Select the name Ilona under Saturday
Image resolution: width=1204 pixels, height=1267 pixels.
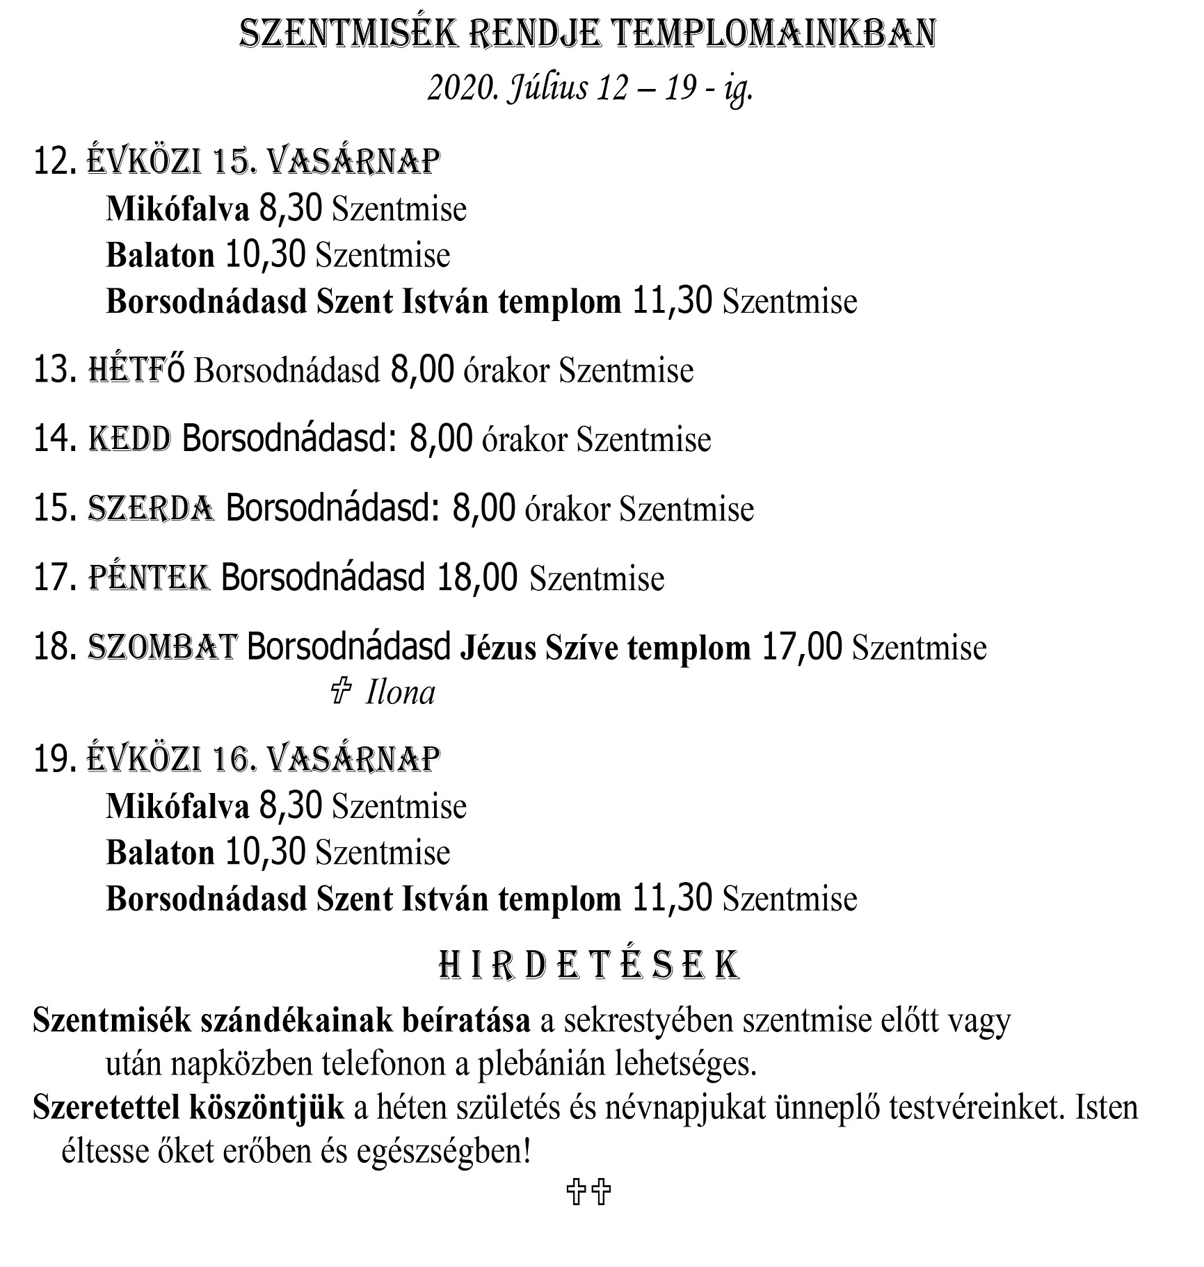point(401,693)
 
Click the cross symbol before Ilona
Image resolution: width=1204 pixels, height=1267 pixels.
point(340,692)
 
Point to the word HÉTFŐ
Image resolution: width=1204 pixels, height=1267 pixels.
point(137,370)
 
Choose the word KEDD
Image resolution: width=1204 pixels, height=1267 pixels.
point(130,439)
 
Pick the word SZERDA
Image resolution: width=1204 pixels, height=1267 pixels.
point(151,508)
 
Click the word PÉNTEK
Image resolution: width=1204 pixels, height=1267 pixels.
point(149,578)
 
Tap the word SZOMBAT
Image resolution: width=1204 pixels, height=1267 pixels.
point(163,647)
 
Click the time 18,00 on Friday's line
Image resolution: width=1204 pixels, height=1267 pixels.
point(477,578)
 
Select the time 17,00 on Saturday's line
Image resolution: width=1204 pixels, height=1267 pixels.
point(802,647)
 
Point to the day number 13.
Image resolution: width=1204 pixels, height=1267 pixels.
point(54,370)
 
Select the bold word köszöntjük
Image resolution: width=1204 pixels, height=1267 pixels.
point(266,1108)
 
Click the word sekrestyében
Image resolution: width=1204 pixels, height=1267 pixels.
point(643,1021)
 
